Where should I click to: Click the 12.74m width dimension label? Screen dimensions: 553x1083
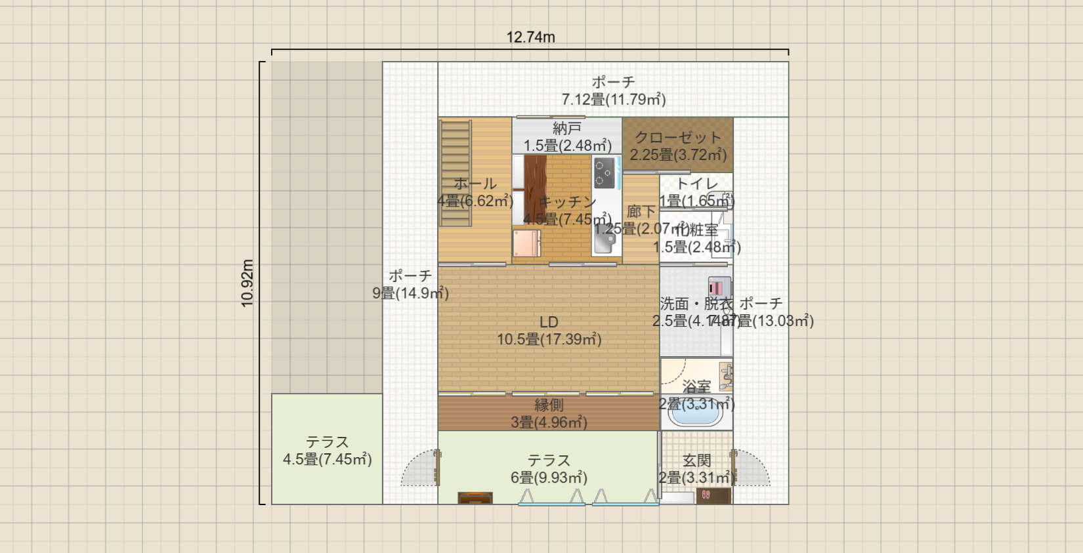530,37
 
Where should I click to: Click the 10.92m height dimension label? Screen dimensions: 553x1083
247,283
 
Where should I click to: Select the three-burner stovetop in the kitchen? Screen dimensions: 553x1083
605,173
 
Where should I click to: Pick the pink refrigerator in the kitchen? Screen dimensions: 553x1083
527,243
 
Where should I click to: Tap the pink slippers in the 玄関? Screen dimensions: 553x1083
706,495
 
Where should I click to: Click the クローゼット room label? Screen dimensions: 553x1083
678,138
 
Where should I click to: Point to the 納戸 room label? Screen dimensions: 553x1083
567,129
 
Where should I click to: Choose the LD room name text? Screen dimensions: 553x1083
549,322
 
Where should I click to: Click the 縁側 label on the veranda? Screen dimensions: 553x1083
549,405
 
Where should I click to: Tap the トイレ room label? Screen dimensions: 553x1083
697,184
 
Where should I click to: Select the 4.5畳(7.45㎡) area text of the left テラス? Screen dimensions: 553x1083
328,459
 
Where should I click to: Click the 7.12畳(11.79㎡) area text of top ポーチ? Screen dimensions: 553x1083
614,100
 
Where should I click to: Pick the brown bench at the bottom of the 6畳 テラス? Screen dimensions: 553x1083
475,498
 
